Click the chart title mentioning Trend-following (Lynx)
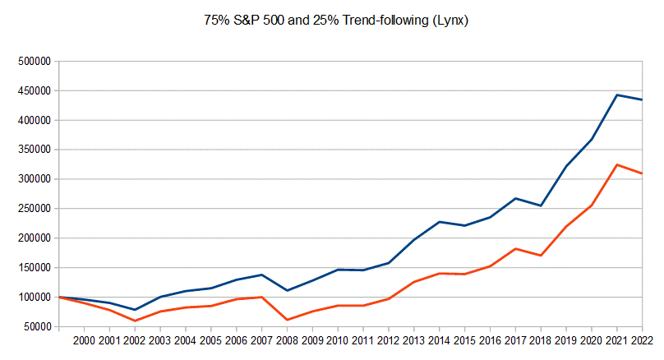pos(336,20)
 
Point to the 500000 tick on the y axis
pos(33,61)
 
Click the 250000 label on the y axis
pos(33,209)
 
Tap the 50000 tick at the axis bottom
pos(35,327)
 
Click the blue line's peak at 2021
pos(617,95)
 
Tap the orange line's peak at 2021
pos(617,164)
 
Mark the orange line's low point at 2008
pos(288,320)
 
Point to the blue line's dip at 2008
pos(288,290)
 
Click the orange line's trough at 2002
pos(135,321)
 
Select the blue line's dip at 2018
pos(541,205)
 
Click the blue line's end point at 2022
pos(643,99)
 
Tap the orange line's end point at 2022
pos(643,173)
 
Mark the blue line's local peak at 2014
pos(440,222)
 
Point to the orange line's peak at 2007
pos(262,297)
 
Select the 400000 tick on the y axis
pos(33,120)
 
